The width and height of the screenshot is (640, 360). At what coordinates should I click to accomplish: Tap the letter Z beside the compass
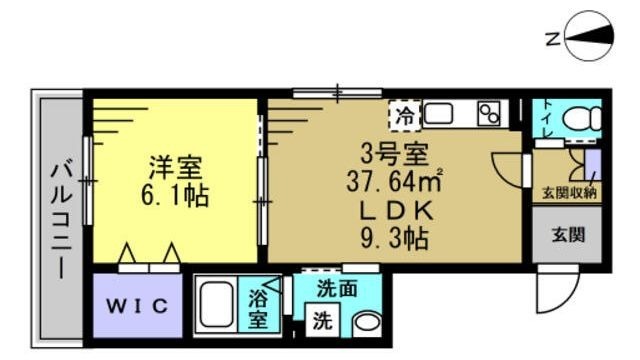point(551,40)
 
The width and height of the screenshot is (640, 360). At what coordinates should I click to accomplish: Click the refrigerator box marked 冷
point(405,113)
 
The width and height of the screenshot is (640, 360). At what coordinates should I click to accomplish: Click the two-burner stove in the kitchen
point(489,114)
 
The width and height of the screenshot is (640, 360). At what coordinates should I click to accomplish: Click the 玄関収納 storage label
point(569,193)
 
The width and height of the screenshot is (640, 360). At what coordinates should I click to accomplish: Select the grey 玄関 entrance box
point(567,237)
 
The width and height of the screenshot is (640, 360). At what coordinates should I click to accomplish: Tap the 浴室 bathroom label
point(258,308)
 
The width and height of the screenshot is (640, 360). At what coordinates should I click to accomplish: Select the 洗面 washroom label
point(337,289)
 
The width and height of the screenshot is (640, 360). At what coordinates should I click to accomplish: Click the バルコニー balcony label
point(59,220)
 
